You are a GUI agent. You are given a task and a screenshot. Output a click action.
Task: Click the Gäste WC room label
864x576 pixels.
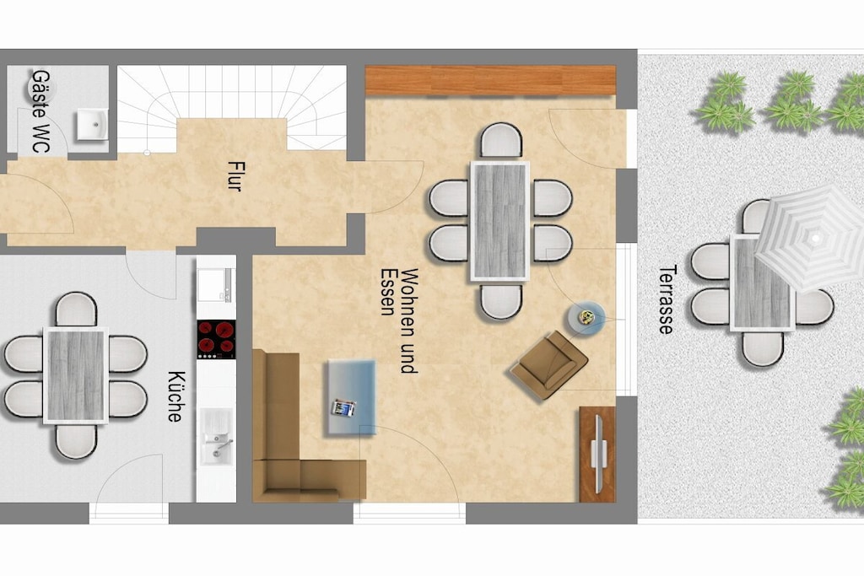[40, 110]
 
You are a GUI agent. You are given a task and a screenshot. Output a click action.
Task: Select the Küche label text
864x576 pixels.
[175, 396]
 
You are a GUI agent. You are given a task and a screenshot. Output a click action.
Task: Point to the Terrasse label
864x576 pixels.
[667, 299]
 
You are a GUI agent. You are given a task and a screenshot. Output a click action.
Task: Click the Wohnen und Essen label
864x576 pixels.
[400, 321]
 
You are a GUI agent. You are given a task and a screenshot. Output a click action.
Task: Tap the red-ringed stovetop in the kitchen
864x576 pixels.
[217, 339]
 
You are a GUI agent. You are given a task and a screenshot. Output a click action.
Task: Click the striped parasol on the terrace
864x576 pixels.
[811, 238]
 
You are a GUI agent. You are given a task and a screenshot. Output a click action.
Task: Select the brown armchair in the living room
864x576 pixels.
[549, 364]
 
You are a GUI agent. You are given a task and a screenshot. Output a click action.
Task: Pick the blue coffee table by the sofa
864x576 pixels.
[352, 397]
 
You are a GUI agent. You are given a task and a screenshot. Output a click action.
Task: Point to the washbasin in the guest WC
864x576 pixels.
[93, 125]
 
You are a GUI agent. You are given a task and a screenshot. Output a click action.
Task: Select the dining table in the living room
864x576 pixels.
[499, 221]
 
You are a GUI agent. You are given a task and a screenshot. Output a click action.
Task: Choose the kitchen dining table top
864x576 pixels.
[75, 375]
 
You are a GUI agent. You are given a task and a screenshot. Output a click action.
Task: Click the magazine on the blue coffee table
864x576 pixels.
[343, 408]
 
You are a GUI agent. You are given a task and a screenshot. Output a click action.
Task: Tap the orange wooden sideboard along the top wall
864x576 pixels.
[490, 80]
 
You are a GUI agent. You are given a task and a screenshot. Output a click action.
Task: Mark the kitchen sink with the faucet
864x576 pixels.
[216, 437]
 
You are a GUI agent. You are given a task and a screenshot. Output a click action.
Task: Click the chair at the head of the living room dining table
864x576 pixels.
[500, 140]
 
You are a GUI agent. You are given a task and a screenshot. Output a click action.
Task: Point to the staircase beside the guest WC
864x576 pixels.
[231, 107]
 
